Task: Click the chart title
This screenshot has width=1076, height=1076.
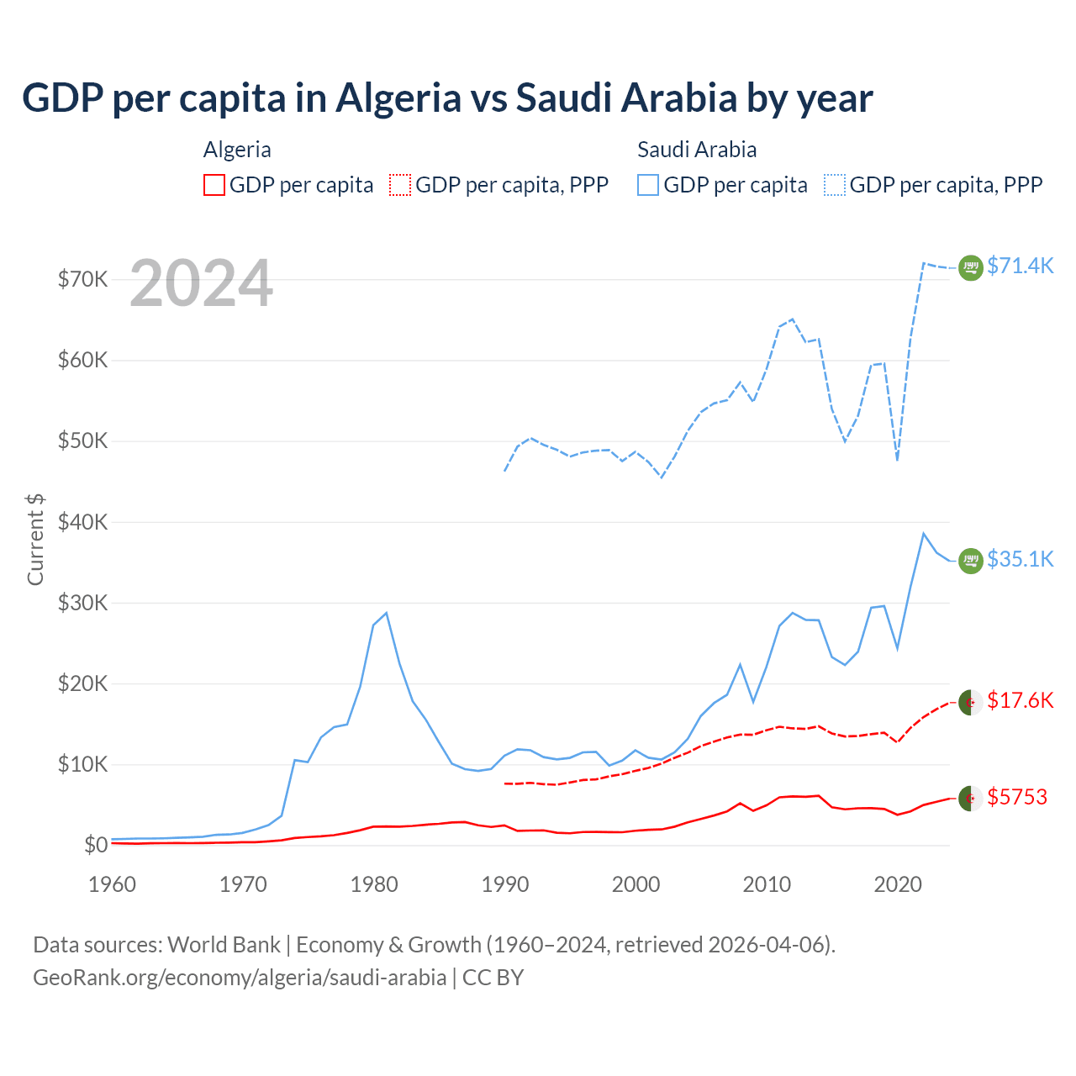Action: click(x=447, y=98)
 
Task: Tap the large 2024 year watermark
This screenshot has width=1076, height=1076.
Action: click(x=201, y=283)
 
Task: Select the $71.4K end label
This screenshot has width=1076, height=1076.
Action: click(x=1020, y=266)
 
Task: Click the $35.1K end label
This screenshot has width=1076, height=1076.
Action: click(x=1020, y=559)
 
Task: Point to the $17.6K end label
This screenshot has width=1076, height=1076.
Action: click(x=1020, y=700)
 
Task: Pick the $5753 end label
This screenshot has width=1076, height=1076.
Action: click(x=1017, y=797)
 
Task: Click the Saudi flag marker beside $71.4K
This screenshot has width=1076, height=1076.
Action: click(x=971, y=267)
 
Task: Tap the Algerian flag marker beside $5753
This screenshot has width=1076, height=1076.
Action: click(x=971, y=798)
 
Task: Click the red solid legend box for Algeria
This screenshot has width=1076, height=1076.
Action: click(x=214, y=185)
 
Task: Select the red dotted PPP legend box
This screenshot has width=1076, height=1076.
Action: click(x=400, y=185)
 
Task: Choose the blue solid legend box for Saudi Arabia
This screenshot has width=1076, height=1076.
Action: click(x=648, y=185)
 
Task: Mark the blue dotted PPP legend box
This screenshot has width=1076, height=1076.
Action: click(x=835, y=185)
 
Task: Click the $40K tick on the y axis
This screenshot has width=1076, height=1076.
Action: click(x=82, y=522)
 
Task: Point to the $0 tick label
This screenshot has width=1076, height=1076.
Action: click(x=96, y=845)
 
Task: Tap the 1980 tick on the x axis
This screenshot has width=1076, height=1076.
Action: click(x=374, y=884)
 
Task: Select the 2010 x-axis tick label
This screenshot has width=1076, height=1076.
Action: click(x=767, y=884)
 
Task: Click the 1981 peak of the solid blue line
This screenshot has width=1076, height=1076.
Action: click(x=386, y=613)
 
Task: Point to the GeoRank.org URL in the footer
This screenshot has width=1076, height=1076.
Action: click(x=240, y=978)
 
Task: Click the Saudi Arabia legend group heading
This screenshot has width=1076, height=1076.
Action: click(x=697, y=150)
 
